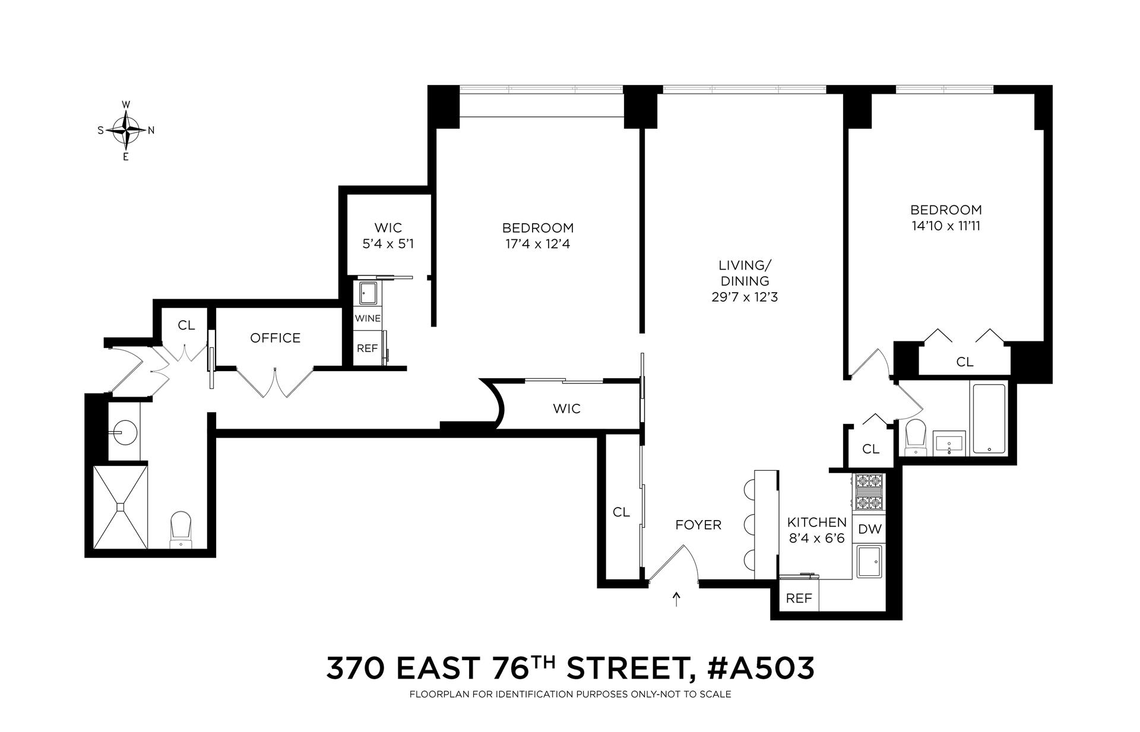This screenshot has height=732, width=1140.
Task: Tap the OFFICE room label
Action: tap(275, 338)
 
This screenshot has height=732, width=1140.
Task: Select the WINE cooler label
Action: tap(368, 318)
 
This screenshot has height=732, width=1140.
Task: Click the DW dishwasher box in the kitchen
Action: tap(870, 530)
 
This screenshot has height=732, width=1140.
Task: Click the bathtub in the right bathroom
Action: tap(989, 419)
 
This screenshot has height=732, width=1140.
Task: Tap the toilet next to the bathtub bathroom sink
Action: tap(915, 437)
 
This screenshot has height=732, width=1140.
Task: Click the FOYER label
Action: tap(698, 525)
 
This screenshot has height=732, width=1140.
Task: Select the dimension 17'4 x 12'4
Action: tap(537, 244)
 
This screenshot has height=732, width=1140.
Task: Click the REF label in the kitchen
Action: tap(799, 598)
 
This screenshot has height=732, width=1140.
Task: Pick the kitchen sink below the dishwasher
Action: tap(870, 561)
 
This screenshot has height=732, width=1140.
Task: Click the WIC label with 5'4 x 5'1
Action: tap(388, 235)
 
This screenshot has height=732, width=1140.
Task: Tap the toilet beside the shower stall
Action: tap(180, 529)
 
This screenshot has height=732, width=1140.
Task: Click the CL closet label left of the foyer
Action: tap(621, 512)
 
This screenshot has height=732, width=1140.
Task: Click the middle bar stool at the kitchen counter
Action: tap(749, 524)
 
